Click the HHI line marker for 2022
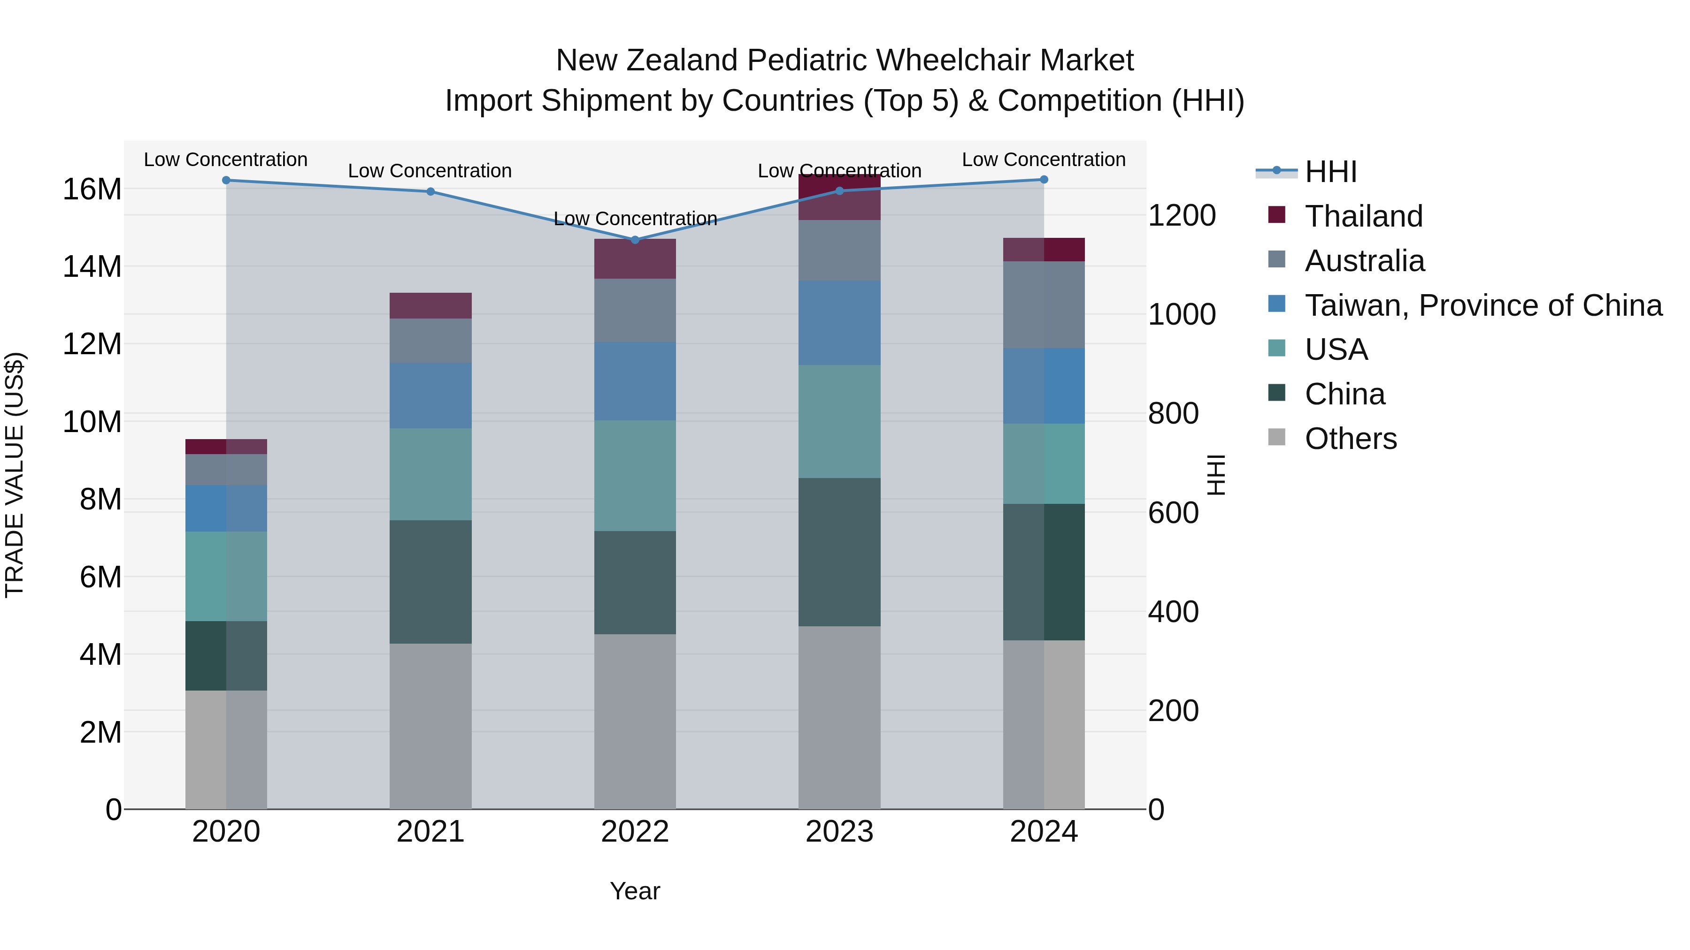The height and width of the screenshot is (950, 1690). [x=634, y=240]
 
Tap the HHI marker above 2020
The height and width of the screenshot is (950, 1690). [x=226, y=180]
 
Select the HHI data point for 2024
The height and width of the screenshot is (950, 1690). [x=1044, y=180]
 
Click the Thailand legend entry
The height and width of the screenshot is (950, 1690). [x=1363, y=216]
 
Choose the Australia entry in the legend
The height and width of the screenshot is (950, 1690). [x=1365, y=261]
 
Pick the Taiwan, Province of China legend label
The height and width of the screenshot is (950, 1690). [x=1483, y=305]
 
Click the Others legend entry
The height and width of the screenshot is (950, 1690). [x=1350, y=439]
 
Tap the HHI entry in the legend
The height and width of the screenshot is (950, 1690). [x=1330, y=172]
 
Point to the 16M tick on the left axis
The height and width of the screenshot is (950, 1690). [x=92, y=190]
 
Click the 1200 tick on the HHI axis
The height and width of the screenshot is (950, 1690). [x=1182, y=216]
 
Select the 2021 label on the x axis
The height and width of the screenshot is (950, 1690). [x=430, y=832]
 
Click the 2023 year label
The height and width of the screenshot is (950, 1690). [x=839, y=832]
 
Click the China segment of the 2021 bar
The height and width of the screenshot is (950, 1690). [x=430, y=582]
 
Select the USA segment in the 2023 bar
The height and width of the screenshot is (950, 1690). [x=839, y=422]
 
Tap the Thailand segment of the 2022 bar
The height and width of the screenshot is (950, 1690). [x=634, y=259]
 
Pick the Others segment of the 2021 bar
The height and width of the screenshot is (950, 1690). [x=430, y=726]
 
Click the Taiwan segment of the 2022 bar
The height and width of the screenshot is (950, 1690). [x=634, y=381]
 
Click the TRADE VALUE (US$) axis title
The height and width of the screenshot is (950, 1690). [x=15, y=475]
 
